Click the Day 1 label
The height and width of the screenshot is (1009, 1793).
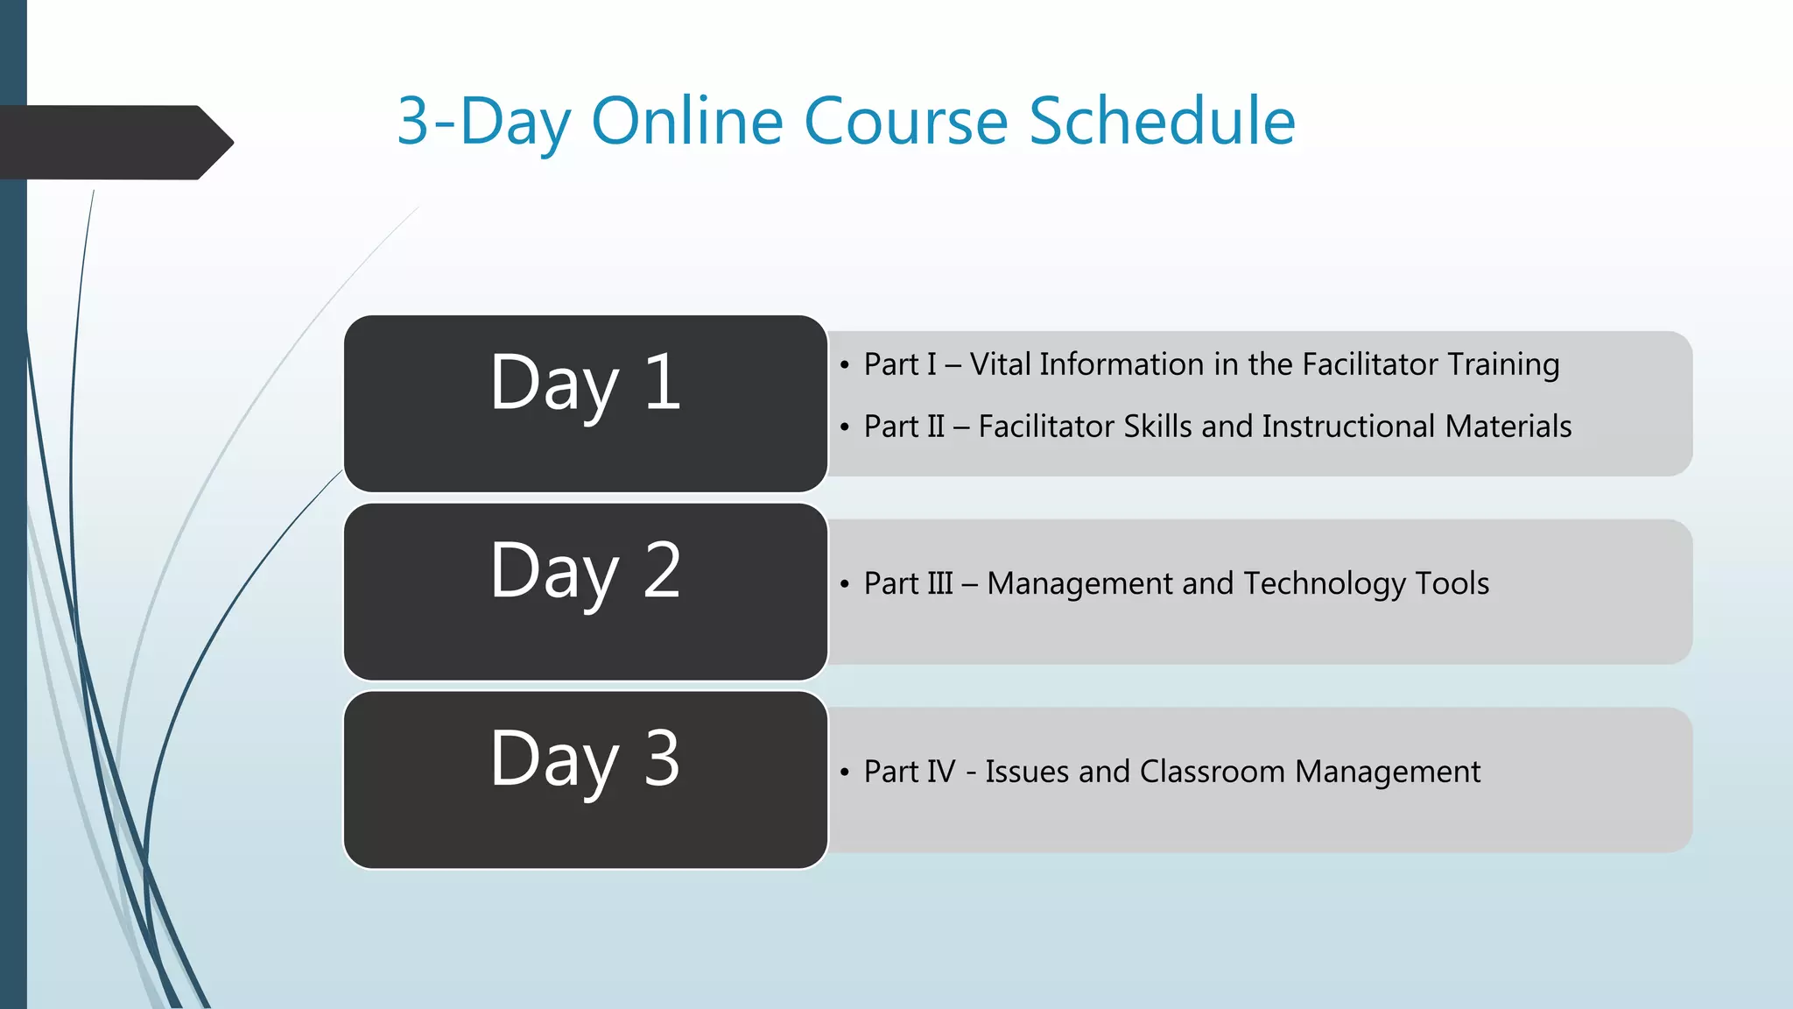[585, 383]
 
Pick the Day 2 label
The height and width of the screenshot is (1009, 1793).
[585, 571]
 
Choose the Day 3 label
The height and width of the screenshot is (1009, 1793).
[585, 759]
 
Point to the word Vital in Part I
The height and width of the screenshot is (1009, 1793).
[999, 364]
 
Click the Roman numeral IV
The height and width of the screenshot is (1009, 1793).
[940, 772]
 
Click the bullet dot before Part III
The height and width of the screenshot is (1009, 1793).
[844, 584]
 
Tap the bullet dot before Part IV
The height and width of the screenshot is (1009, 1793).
[844, 773]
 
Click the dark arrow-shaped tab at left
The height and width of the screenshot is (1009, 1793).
[114, 143]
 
